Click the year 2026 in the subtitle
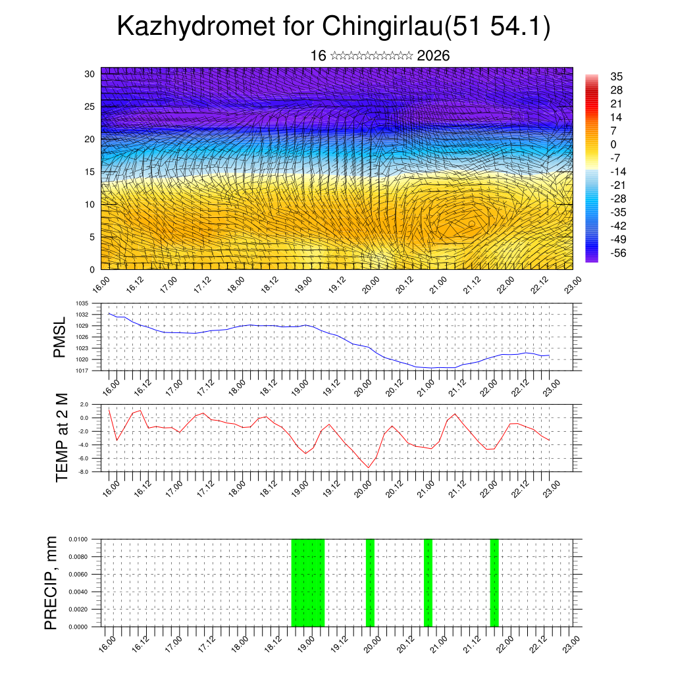click(x=433, y=56)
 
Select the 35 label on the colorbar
click(x=617, y=76)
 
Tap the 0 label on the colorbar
click(x=613, y=144)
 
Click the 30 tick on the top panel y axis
click(x=90, y=74)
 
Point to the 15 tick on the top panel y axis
click(x=90, y=172)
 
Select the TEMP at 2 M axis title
click(x=62, y=437)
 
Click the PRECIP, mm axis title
click(x=51, y=583)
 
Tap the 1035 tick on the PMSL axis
click(x=82, y=303)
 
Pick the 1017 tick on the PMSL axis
click(x=82, y=371)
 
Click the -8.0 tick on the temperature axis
click(x=84, y=472)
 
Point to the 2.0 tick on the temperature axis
click(x=84, y=404)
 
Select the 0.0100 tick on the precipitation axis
click(x=77, y=539)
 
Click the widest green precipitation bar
click(x=307, y=583)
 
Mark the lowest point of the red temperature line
click(x=369, y=467)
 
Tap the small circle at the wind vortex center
click(x=472, y=224)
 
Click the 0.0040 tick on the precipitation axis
click(x=77, y=592)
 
